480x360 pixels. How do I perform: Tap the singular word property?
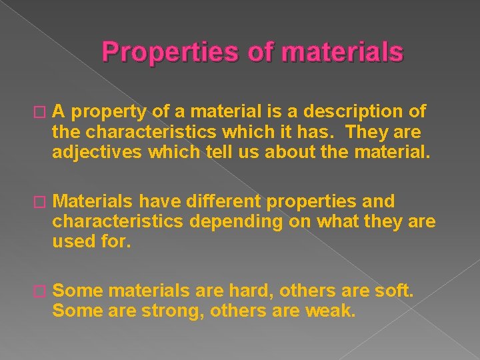click(x=106, y=111)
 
